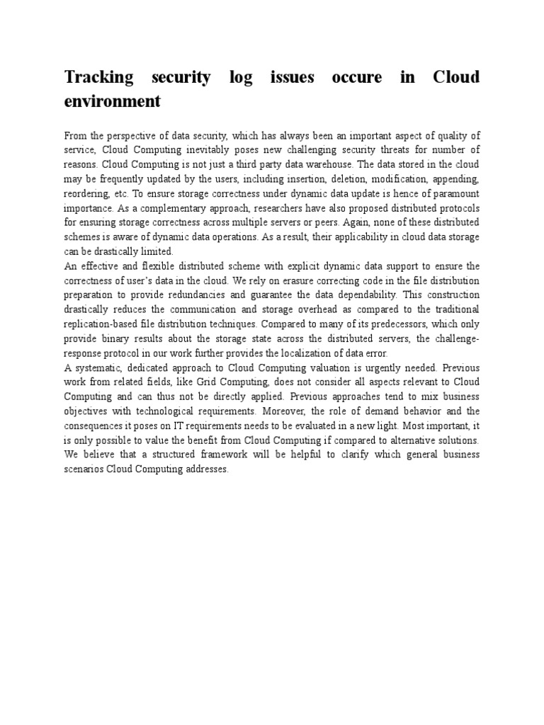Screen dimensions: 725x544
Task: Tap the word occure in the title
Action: click(358, 77)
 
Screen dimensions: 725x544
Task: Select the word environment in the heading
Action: click(112, 101)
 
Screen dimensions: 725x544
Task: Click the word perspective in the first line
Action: click(132, 135)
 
